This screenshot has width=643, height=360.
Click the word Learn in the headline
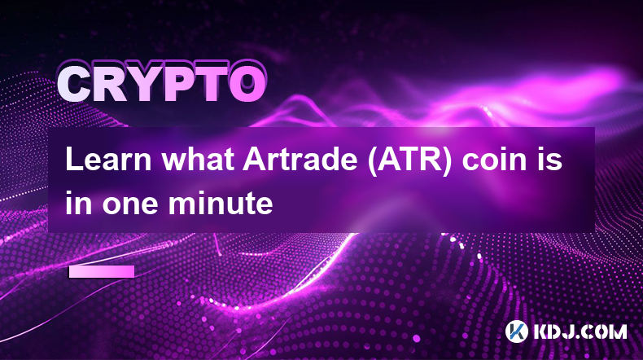click(108, 160)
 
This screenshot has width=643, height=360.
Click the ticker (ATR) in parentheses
click(410, 160)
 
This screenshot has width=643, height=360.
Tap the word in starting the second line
click(79, 203)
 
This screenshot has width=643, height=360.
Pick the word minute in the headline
click(221, 203)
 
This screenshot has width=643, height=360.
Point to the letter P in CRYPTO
click(173, 85)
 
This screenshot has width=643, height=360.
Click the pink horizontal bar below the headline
click(102, 272)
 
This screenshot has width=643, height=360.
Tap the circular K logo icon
click(516, 331)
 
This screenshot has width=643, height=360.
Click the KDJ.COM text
click(580, 331)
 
